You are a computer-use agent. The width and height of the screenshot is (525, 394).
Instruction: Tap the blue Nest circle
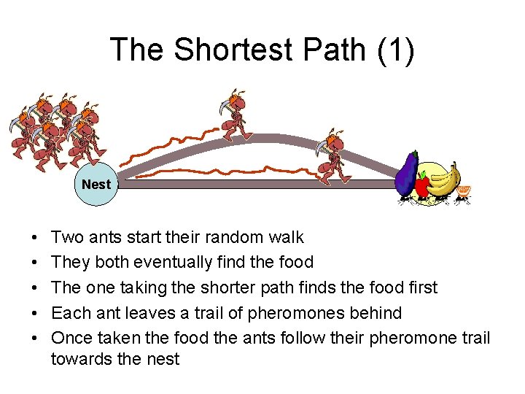pyautogui.click(x=96, y=185)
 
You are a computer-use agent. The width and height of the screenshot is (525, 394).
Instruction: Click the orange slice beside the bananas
pyautogui.click(x=464, y=192)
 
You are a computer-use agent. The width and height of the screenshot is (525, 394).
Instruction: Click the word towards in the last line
pyautogui.click(x=80, y=359)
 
